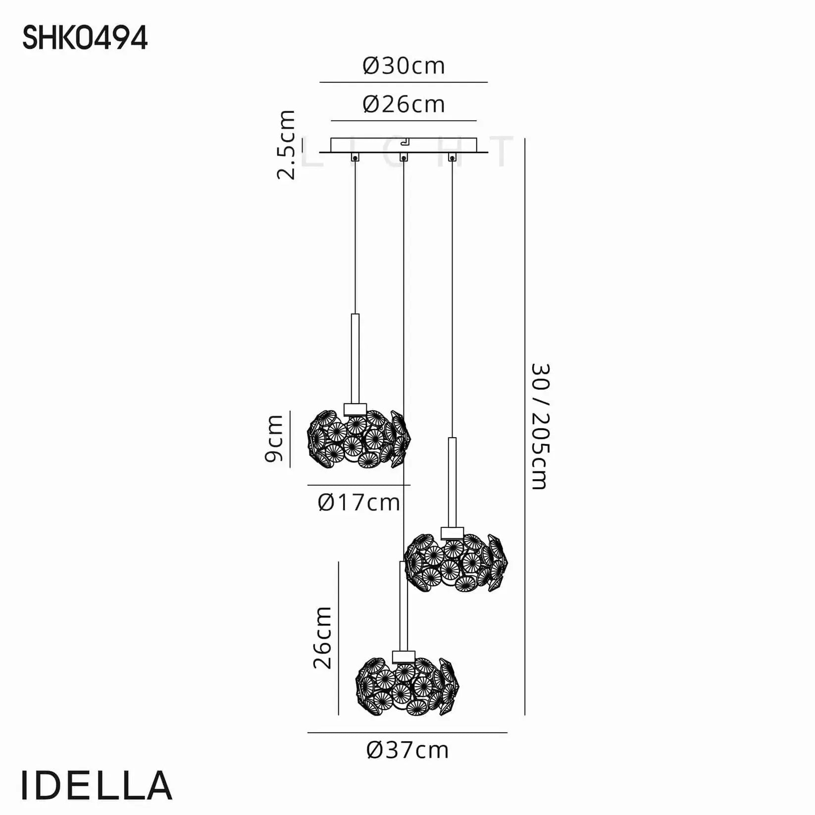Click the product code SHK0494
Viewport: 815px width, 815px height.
click(85, 38)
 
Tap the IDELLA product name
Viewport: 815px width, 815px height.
click(97, 786)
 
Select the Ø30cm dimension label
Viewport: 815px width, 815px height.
click(404, 66)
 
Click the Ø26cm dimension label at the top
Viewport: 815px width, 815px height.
click(404, 104)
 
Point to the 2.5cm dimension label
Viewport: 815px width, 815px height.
click(286, 145)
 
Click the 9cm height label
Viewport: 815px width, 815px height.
click(274, 439)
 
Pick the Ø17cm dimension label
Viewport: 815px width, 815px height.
click(359, 503)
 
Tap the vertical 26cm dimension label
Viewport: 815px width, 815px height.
click(322, 638)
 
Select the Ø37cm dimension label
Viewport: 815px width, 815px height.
click(407, 750)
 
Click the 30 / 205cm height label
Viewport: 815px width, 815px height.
click(540, 426)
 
